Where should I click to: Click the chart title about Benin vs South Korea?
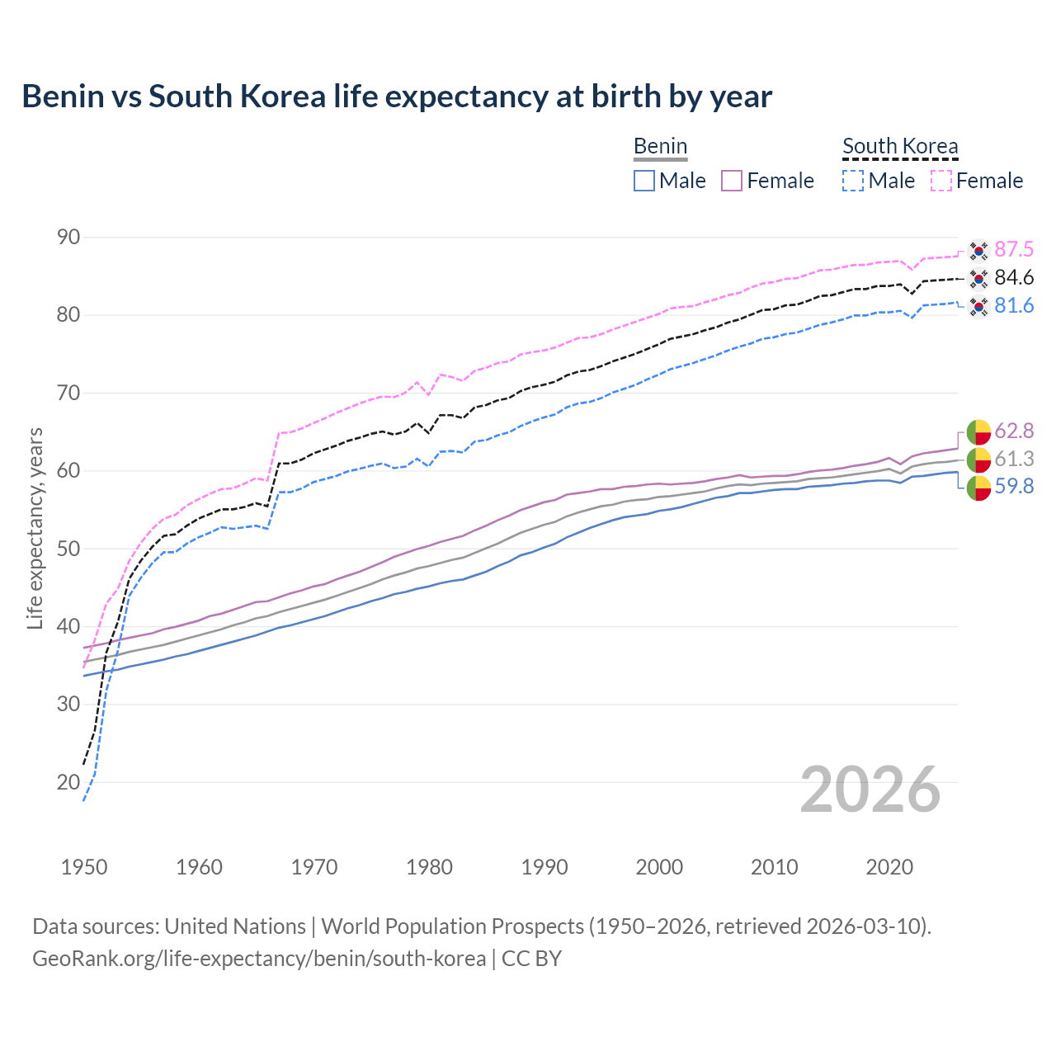point(397,97)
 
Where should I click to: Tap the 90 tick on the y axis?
point(68,238)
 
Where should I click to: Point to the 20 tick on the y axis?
point(68,782)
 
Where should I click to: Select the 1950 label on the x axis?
point(84,867)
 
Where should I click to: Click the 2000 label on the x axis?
point(659,867)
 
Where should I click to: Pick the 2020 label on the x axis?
point(889,867)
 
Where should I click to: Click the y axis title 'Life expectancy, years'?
point(35,528)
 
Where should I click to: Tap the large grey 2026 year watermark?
point(870,790)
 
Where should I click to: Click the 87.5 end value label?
point(1014,250)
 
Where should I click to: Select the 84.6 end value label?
point(1014,278)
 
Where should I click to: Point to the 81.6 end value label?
point(1014,306)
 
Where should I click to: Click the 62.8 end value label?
point(1014,431)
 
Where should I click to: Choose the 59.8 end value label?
point(1014,487)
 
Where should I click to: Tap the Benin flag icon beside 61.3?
point(978,460)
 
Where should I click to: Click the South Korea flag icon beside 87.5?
point(978,250)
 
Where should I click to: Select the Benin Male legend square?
point(644,181)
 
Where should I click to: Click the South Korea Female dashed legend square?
point(941,181)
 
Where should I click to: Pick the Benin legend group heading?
point(660,147)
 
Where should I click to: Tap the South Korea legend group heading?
point(900,147)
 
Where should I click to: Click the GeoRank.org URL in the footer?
point(259,959)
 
